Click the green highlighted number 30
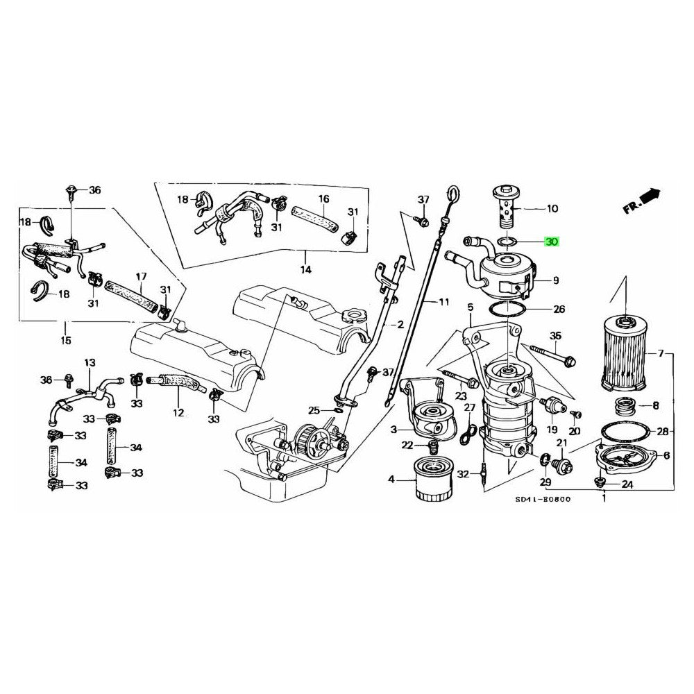point(552,242)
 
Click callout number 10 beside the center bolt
point(552,208)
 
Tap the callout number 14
point(305,269)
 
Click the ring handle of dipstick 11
point(453,192)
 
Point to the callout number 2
point(400,325)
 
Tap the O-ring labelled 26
point(511,308)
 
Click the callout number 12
point(178,412)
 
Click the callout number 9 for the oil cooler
point(555,280)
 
